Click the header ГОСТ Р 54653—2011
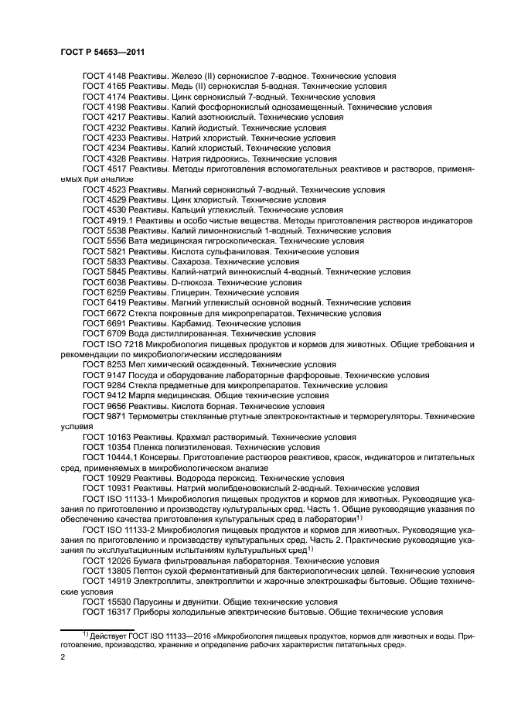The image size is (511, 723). (104, 51)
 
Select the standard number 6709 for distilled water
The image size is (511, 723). (115, 334)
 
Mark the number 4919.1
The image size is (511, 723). (119, 220)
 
